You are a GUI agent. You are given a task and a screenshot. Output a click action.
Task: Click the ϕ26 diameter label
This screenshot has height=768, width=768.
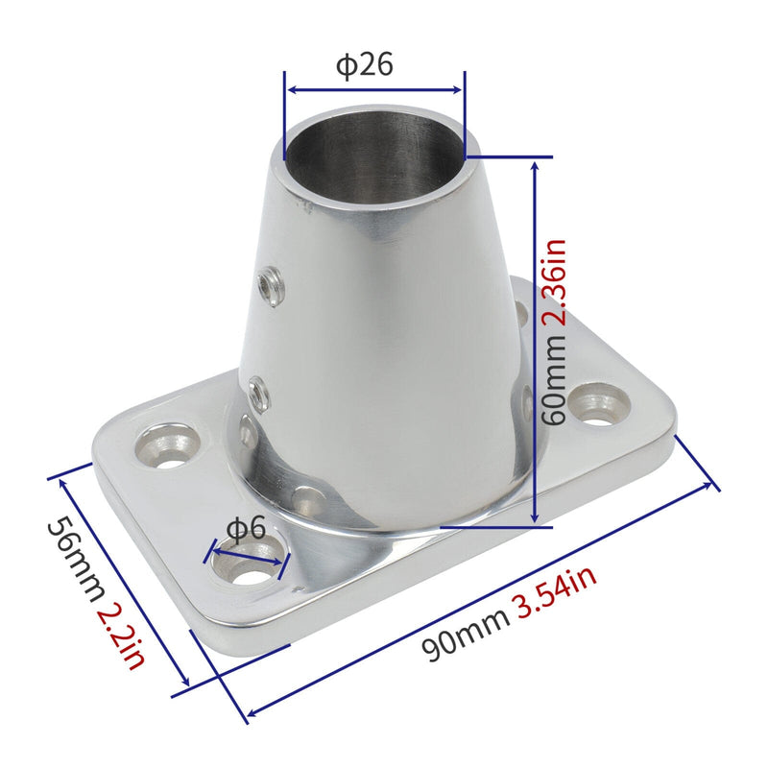pos(364,64)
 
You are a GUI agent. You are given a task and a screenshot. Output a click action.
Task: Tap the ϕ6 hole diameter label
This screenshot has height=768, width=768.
pos(245,528)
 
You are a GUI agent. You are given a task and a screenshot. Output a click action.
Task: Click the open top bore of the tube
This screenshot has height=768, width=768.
pos(374,144)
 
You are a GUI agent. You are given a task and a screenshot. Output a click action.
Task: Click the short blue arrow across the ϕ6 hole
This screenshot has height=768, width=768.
pos(248,558)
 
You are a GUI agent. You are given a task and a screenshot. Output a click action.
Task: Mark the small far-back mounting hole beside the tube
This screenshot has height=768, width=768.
pos(520,312)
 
